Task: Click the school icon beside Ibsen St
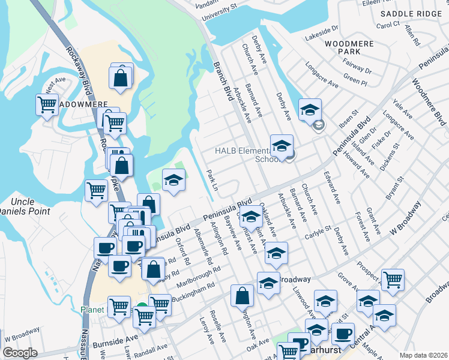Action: tap(310, 109)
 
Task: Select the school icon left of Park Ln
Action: tap(173, 179)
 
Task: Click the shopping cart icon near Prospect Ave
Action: tap(393, 279)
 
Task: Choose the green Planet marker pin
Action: tap(142, 310)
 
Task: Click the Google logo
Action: tap(20, 353)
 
